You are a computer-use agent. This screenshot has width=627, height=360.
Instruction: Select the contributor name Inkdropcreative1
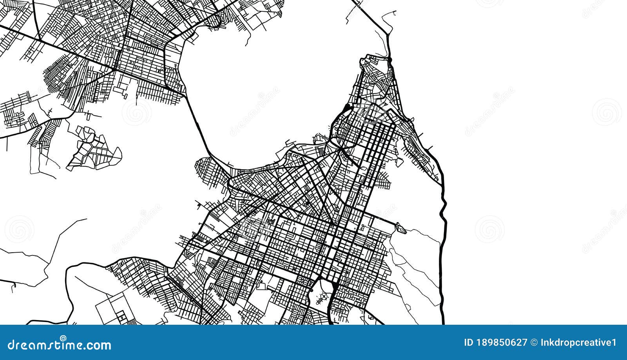tap(578, 343)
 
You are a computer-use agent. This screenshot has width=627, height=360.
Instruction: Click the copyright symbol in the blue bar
tap(534, 343)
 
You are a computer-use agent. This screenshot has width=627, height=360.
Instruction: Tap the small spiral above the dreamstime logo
tap(63, 338)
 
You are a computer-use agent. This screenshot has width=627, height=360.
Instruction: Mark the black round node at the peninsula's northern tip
tap(390, 60)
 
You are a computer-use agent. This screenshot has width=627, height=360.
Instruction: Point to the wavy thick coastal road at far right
tap(444, 212)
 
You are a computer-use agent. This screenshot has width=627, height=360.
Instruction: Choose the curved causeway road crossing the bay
tap(198, 125)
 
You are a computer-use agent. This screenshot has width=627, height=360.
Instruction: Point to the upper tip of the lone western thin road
tap(86, 219)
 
